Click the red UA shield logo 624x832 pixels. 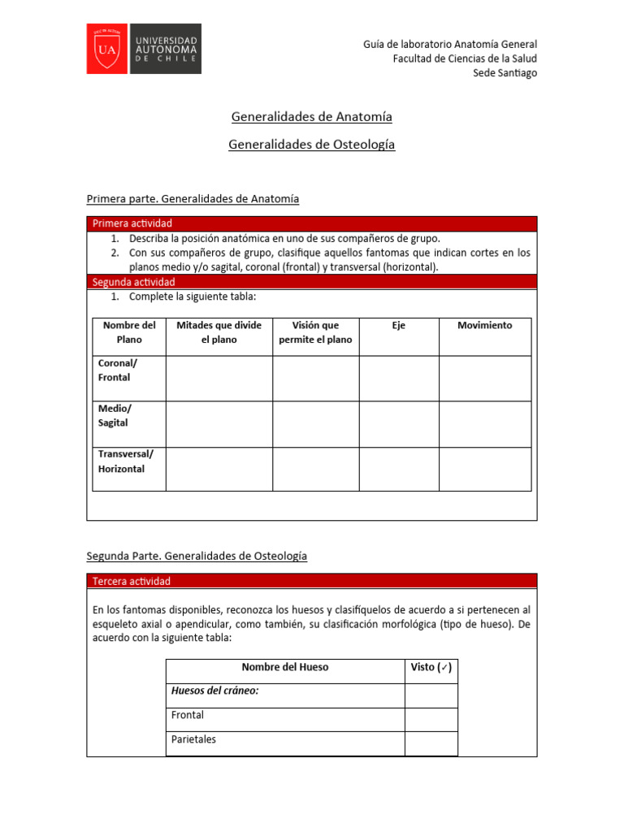[x=107, y=49]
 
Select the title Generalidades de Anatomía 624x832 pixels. [x=311, y=116]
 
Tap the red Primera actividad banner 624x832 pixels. [x=311, y=223]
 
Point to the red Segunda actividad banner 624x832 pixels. [x=311, y=281]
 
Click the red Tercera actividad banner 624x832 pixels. [x=311, y=581]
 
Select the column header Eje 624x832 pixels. [x=398, y=325]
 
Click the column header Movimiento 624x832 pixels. [x=484, y=325]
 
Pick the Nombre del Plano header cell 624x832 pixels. [x=129, y=332]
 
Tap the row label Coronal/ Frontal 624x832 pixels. [x=115, y=370]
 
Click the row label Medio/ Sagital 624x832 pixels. [x=114, y=416]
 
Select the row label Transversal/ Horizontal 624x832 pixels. [x=125, y=461]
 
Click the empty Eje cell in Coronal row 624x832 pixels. [x=399, y=379]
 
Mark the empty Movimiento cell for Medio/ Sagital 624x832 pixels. [x=485, y=424]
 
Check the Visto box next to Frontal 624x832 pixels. [x=431, y=719]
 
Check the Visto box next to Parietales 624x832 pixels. [x=431, y=743]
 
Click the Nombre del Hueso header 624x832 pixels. [x=285, y=667]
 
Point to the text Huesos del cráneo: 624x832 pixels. [x=214, y=691]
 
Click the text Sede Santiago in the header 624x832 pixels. [x=505, y=73]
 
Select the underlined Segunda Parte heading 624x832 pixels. [x=197, y=556]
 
